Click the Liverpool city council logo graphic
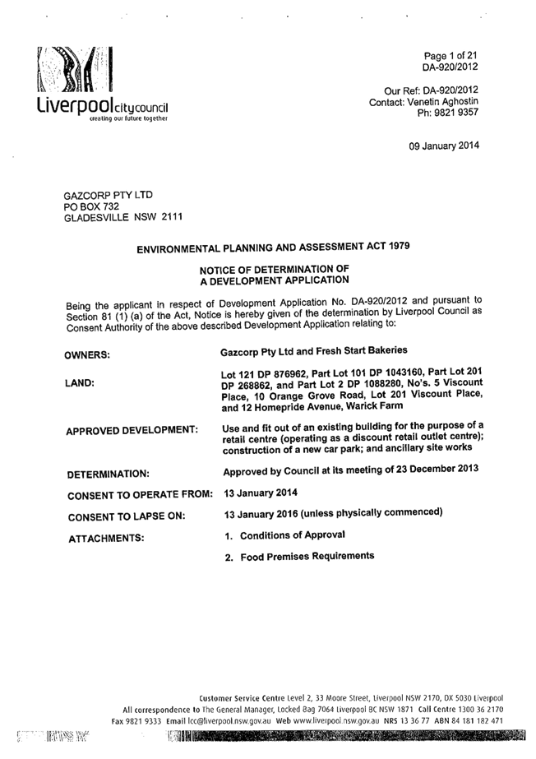coord(76,69)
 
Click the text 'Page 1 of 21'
coord(451,56)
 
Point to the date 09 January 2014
coord(444,146)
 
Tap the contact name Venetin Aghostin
coord(442,102)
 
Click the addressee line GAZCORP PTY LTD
coord(109,195)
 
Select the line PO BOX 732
coord(91,206)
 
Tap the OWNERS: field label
coord(87,355)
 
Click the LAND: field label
coord(80,383)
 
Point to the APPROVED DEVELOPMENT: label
coord(132,431)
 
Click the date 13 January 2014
coord(261,493)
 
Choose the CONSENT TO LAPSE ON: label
coord(127,517)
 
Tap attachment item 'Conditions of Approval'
coord(293,535)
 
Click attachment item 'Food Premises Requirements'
coord(307,557)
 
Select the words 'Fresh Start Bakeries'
coord(362,350)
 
